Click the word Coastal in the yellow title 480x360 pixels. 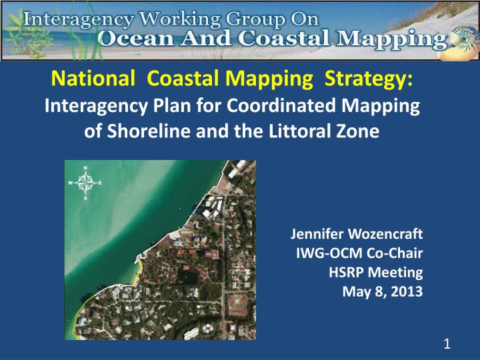[177, 81]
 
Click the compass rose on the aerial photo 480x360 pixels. [85, 180]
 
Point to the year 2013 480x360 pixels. [407, 291]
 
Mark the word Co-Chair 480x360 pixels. [393, 253]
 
